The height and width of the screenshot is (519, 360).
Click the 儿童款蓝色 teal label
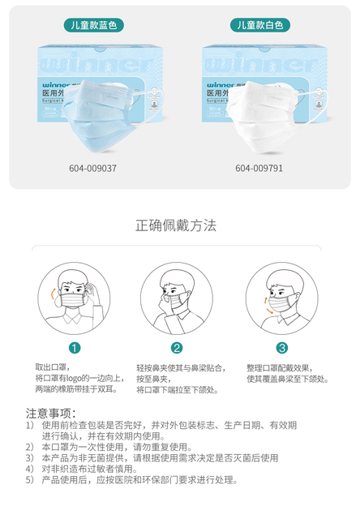(94, 25)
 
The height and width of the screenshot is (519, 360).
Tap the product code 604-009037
(94, 169)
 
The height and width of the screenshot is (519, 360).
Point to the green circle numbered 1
(75, 348)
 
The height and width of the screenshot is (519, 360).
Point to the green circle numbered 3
(281, 348)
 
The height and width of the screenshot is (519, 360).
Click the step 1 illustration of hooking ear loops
(74, 295)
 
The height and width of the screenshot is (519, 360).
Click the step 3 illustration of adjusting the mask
(281, 295)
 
